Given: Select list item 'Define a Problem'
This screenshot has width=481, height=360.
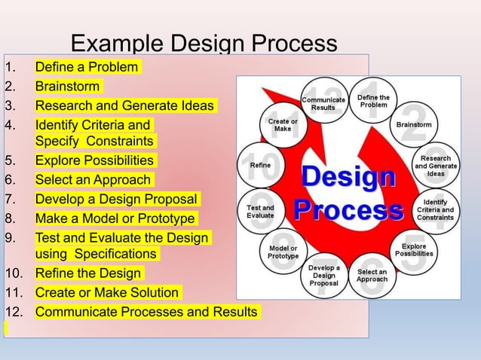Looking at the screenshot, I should coord(87,67).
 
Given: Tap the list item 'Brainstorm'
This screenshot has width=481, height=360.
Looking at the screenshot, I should coord(67,87).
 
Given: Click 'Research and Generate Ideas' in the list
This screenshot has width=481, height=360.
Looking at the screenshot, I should coord(124,105).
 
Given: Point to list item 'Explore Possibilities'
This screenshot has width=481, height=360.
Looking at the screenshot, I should coord(94,160).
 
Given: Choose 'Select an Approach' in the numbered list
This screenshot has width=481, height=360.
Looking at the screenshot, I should coord(94,180).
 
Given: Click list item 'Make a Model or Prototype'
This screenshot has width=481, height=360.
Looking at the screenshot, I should coord(115,218).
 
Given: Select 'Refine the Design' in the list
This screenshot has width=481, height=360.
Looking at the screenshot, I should coord(88,273).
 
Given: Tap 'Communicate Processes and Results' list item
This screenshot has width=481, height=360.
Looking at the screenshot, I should coord(146,311).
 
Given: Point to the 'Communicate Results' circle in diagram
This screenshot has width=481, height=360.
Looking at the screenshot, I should coord(323,102).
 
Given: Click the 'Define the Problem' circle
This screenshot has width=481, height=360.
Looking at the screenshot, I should coord(373,101).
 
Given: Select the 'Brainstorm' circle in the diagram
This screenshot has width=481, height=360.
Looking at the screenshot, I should coord(414,124).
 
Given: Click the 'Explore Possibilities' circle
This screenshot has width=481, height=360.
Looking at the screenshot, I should coord(414,250).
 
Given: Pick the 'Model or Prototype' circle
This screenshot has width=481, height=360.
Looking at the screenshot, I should coord(283,252).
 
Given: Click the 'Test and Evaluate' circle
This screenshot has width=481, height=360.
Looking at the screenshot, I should coord(260,211).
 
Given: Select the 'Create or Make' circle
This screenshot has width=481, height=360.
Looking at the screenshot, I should coord(283,124).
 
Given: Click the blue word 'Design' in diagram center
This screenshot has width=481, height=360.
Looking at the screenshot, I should coord(348,178).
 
